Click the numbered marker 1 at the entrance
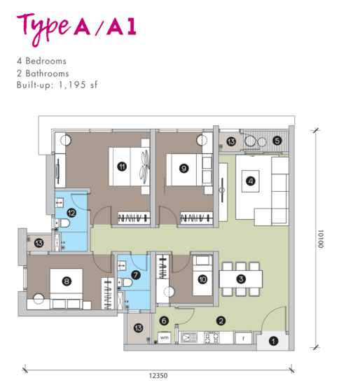point(273,341)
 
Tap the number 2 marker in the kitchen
point(221,321)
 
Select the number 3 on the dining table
point(241,279)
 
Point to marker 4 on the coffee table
point(251,181)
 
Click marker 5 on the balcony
point(277,141)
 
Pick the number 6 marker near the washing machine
point(164,321)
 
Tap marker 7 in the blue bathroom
point(136,275)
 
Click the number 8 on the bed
point(67,281)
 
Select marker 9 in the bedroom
point(184,169)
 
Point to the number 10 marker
point(202,279)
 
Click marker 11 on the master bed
point(122,167)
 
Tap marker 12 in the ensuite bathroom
point(71,213)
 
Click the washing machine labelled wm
point(164,337)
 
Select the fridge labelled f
point(244,338)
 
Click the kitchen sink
point(188,337)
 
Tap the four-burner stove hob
point(212,337)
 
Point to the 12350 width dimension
point(158,376)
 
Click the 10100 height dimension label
point(321,239)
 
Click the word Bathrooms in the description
point(47,73)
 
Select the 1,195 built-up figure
point(72,85)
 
